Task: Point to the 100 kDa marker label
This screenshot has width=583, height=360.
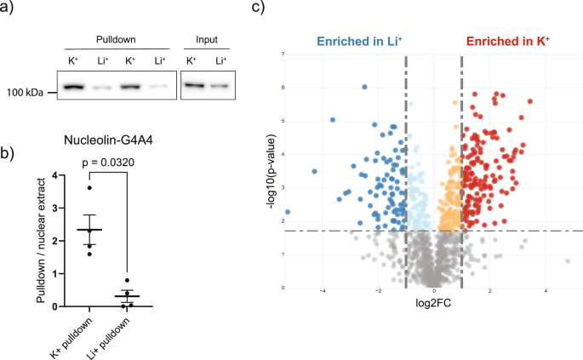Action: (22, 90)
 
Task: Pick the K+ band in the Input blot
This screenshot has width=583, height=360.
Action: (194, 85)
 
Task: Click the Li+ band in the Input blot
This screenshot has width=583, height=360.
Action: (220, 86)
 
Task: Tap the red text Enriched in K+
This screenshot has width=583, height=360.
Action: (505, 41)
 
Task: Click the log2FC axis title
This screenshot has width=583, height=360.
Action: (434, 304)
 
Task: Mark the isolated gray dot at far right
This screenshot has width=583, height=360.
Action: (567, 261)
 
